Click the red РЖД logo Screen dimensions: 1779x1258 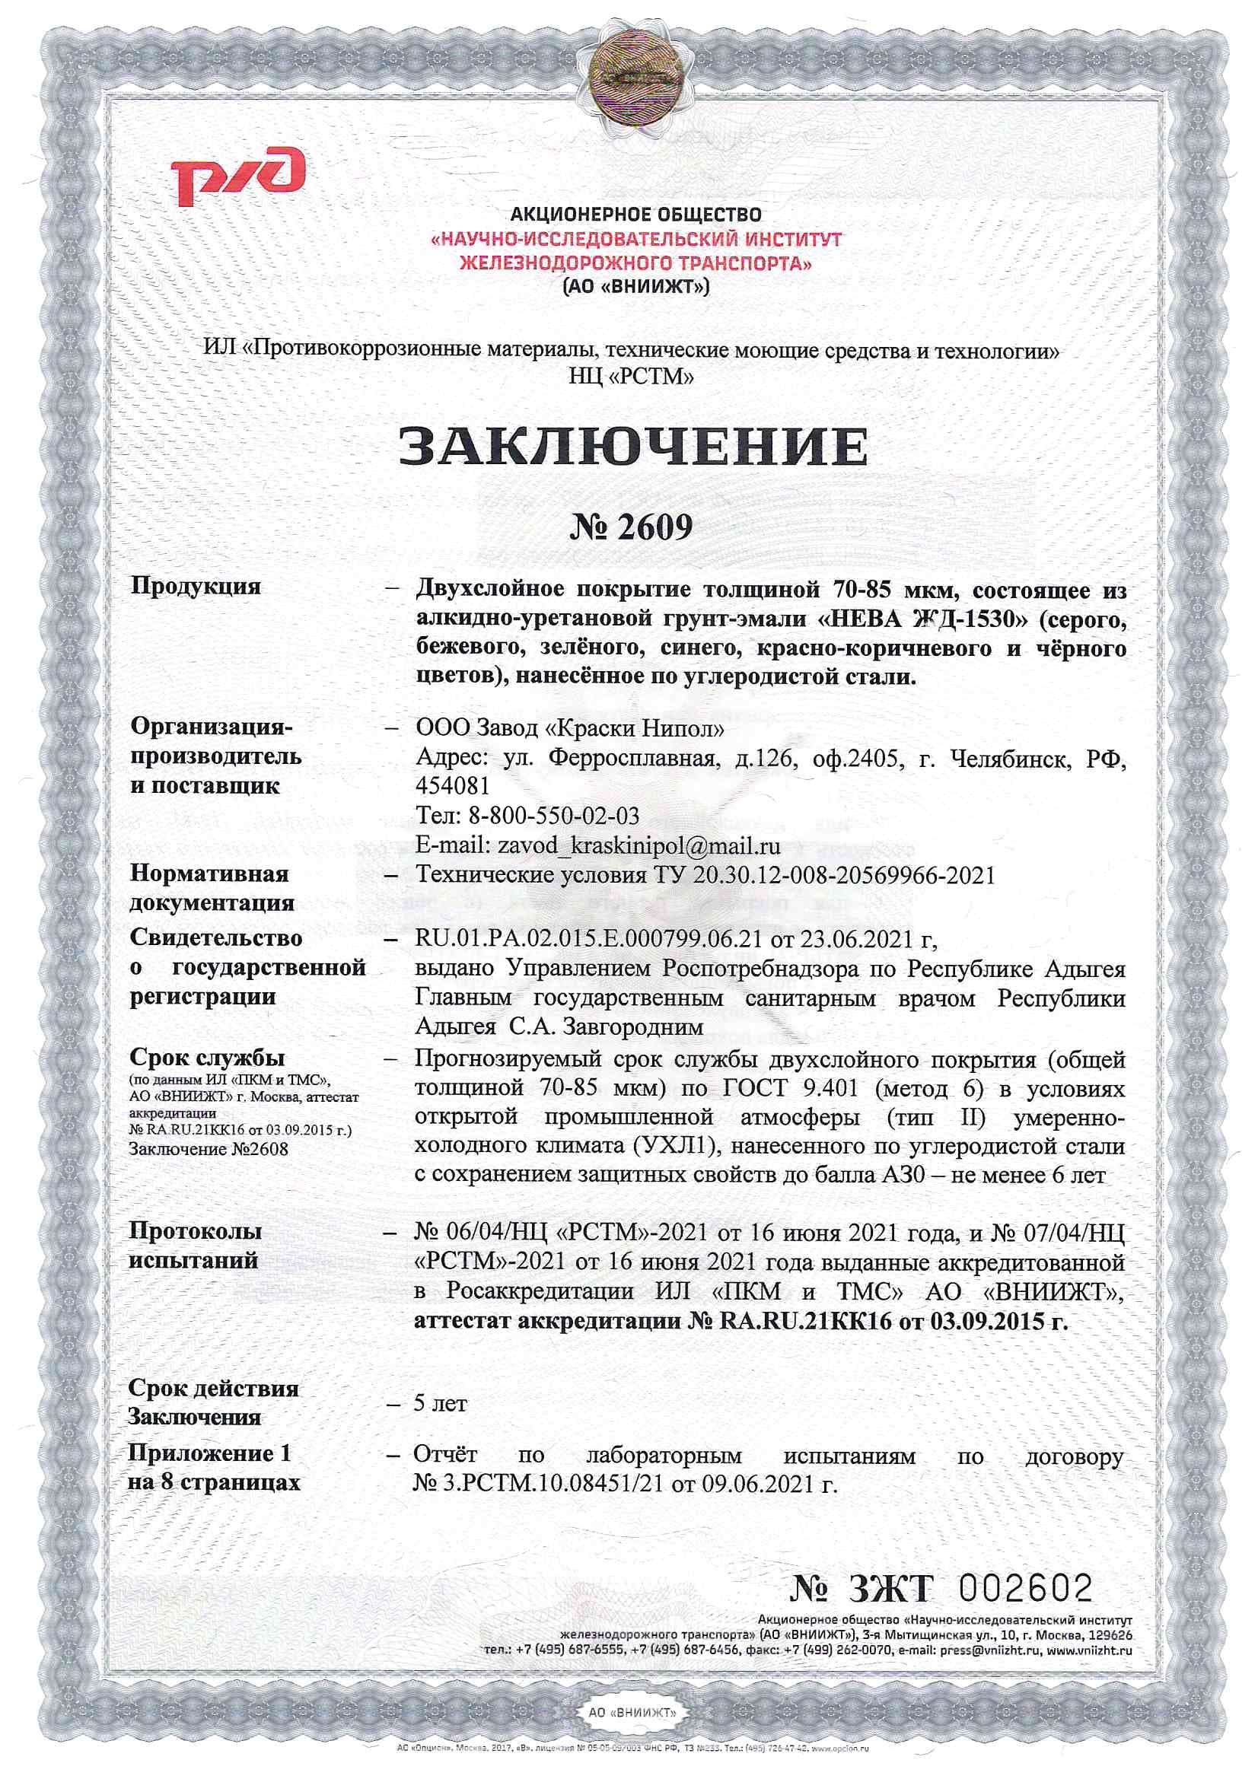point(238,177)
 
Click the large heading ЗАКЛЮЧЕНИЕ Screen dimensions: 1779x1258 point(633,447)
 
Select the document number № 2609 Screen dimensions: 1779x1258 point(630,527)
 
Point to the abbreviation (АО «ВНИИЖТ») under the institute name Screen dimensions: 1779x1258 point(635,287)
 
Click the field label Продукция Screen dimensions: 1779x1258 point(196,585)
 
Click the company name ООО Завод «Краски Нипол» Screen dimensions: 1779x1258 point(571,729)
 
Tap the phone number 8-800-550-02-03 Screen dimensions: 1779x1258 point(553,816)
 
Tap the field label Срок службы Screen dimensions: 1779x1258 point(207,1057)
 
